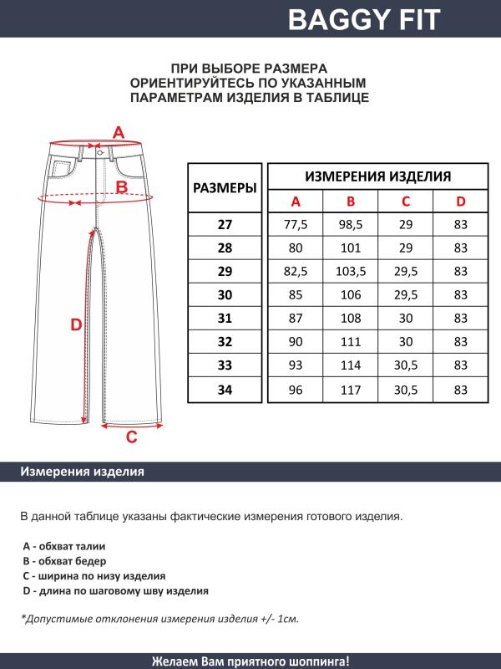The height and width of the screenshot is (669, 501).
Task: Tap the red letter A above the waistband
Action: pyautogui.click(x=119, y=132)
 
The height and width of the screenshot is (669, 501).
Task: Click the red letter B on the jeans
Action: pyautogui.click(x=121, y=187)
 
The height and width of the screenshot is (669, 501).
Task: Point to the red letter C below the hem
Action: pyautogui.click(x=131, y=437)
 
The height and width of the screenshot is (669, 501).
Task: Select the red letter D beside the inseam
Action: pyautogui.click(x=75, y=326)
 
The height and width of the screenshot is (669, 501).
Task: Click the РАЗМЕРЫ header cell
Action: pyautogui.click(x=225, y=189)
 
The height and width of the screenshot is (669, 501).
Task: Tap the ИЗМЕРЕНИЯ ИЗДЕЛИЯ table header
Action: pyautogui.click(x=378, y=176)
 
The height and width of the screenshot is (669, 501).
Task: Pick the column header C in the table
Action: pyautogui.click(x=406, y=202)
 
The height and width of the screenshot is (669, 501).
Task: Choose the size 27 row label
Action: pyautogui.click(x=225, y=225)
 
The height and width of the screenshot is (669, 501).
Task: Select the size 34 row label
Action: pyautogui.click(x=225, y=389)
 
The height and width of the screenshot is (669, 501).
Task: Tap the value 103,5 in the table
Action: pyautogui.click(x=351, y=272)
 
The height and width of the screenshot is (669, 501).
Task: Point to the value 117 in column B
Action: pyautogui.click(x=351, y=389)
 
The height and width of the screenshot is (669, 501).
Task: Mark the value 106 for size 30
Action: pyautogui.click(x=351, y=295)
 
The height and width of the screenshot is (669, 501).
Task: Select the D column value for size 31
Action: pyautogui.click(x=460, y=319)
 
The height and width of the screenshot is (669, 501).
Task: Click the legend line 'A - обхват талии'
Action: pyautogui.click(x=63, y=545)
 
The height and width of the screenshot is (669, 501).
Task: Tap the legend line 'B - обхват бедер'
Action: pyautogui.click(x=64, y=560)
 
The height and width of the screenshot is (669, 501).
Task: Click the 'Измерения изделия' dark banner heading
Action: pyautogui.click(x=82, y=472)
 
